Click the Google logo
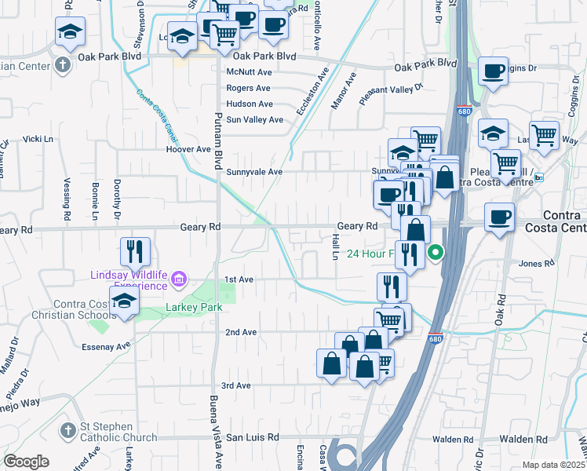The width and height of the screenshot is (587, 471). [x=26, y=462]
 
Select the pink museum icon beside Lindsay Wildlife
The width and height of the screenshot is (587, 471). [x=179, y=279]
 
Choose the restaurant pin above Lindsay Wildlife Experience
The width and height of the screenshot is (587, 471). [x=135, y=251]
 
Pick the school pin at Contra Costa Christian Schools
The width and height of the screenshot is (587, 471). [x=125, y=302]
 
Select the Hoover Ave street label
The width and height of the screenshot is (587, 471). [x=188, y=148]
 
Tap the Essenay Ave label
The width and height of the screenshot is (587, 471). [x=106, y=345]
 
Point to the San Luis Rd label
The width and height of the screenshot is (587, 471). [x=253, y=436]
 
